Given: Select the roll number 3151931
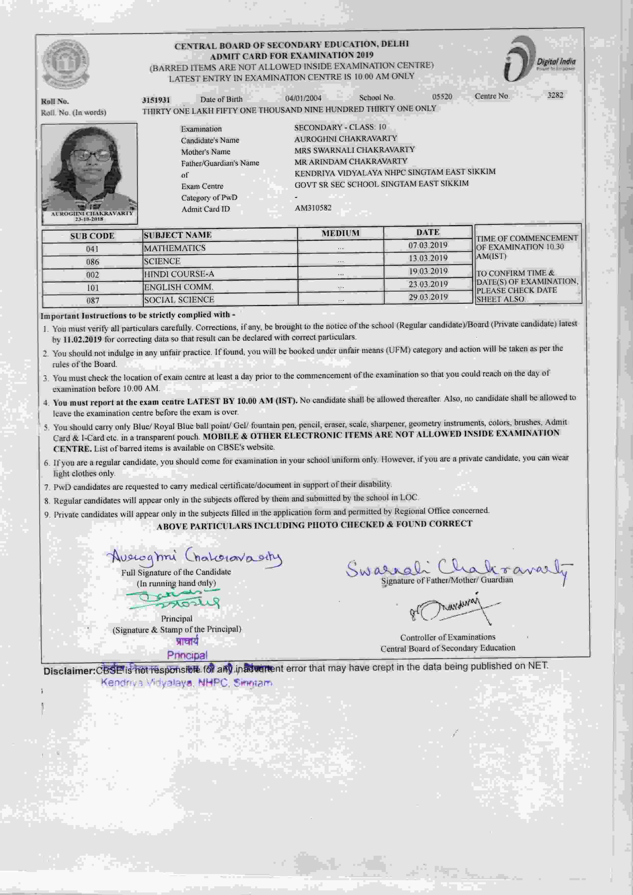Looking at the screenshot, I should pos(156,100).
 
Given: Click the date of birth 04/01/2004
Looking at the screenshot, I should pos(303,98).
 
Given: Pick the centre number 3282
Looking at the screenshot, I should pos(555,95).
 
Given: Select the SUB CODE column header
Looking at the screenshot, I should pos(92,236).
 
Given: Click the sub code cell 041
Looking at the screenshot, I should pos(92,249).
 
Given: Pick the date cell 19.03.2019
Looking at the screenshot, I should pos(428,271).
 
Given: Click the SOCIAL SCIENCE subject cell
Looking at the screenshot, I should pos(179,299).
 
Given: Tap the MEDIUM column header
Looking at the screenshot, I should pos(340,233).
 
